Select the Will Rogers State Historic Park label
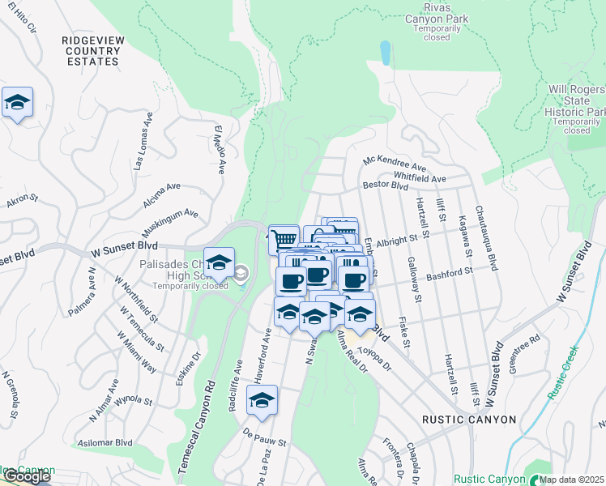click(x=576, y=100)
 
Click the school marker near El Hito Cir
click(x=17, y=103)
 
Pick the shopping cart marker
click(x=283, y=239)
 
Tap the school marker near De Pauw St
click(x=262, y=400)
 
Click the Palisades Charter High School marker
click(x=219, y=262)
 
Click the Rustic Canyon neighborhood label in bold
click(x=469, y=420)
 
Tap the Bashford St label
click(x=450, y=275)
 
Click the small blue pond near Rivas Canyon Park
click(x=385, y=53)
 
